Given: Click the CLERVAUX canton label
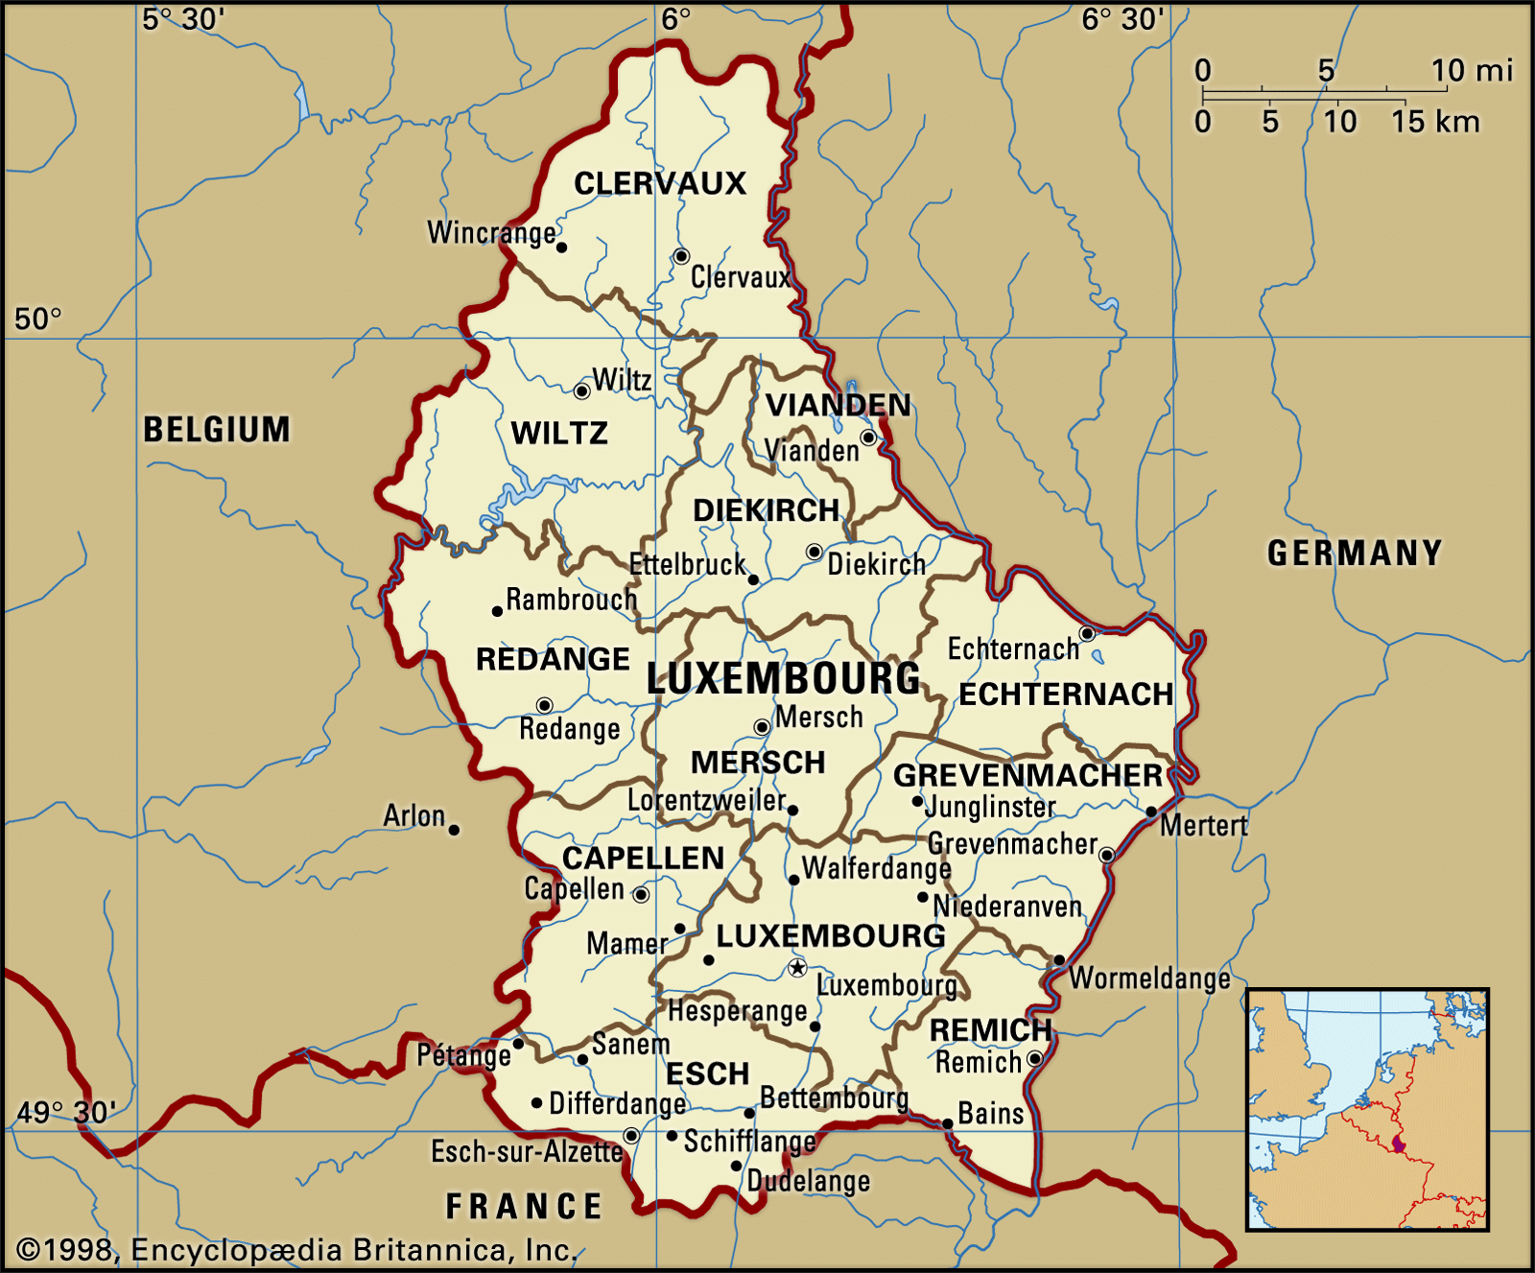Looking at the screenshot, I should coord(659,183).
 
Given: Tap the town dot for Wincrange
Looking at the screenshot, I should coord(561,248).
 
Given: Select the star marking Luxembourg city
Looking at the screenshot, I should coord(797,968).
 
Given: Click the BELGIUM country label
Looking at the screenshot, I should coord(217,430).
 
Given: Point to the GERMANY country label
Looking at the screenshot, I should coord(1355,554).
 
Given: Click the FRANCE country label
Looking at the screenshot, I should coord(524,1206).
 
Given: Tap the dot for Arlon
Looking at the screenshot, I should coord(454,830).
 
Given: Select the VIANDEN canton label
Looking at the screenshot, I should coord(838,405).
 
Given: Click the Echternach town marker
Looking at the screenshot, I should coord(1087,633).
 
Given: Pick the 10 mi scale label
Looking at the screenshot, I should coord(1472,70).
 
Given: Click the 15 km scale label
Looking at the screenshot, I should coord(1435,122).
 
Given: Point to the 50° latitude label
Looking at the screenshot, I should coord(38,318).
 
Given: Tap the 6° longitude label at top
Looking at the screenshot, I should coord(675,19).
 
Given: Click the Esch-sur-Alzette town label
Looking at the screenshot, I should coord(527,1151).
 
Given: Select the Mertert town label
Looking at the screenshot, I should coord(1204,825).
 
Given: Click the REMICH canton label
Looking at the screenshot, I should coord(990,1029).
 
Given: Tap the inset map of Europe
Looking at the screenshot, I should coord(1367,1110).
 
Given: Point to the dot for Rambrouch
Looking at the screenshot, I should coord(497,611).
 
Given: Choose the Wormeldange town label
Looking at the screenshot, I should coord(1149,978).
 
